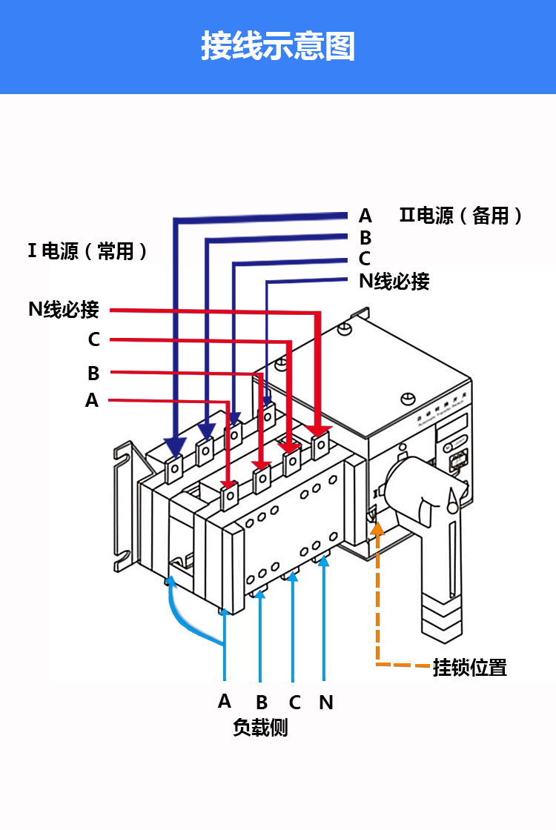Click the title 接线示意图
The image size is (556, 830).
click(278, 46)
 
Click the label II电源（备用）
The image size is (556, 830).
click(461, 216)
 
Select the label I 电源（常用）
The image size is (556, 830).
click(87, 251)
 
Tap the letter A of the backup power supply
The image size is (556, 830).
click(365, 216)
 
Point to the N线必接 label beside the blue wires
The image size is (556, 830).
click(394, 282)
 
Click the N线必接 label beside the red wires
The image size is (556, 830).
click(64, 310)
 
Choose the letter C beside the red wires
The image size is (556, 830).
click(93, 339)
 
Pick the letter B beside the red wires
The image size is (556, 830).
click(93, 373)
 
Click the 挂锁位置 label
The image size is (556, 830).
click(469, 667)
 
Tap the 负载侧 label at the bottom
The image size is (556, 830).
click(260, 728)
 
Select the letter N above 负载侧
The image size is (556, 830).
click(325, 702)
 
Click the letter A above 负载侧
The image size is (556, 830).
click(225, 700)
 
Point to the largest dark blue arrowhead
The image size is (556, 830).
click(175, 447)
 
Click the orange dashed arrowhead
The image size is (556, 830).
click(378, 528)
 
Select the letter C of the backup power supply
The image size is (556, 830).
click(364, 259)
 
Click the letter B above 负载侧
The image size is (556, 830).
click(261, 702)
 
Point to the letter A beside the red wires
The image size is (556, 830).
click(92, 401)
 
